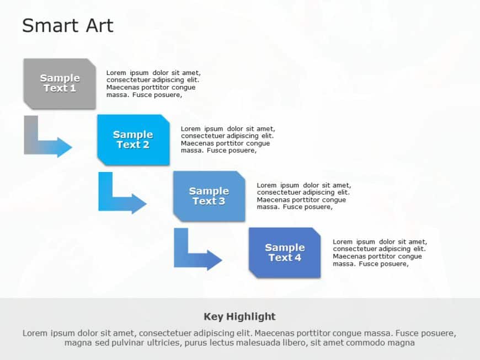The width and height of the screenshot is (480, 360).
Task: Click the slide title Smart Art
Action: tap(67, 25)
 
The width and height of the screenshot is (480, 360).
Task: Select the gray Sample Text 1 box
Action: tap(60, 83)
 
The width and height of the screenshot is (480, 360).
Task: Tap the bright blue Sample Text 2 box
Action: tap(133, 139)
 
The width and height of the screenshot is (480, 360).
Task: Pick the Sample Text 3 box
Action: tap(209, 196)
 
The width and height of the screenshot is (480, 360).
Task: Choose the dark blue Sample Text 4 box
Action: tap(285, 252)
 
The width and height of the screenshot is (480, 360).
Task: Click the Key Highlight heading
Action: tap(239, 316)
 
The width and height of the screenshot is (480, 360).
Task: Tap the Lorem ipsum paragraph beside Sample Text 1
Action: tap(153, 84)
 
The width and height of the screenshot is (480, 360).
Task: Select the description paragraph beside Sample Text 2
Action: tap(227, 140)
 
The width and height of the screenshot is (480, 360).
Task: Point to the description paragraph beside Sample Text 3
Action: tap(303, 196)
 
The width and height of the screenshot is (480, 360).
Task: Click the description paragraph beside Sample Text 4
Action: tap(380, 252)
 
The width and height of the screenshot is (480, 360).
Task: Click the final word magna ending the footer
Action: tap(402, 343)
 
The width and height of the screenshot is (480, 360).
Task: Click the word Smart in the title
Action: tap(50, 25)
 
